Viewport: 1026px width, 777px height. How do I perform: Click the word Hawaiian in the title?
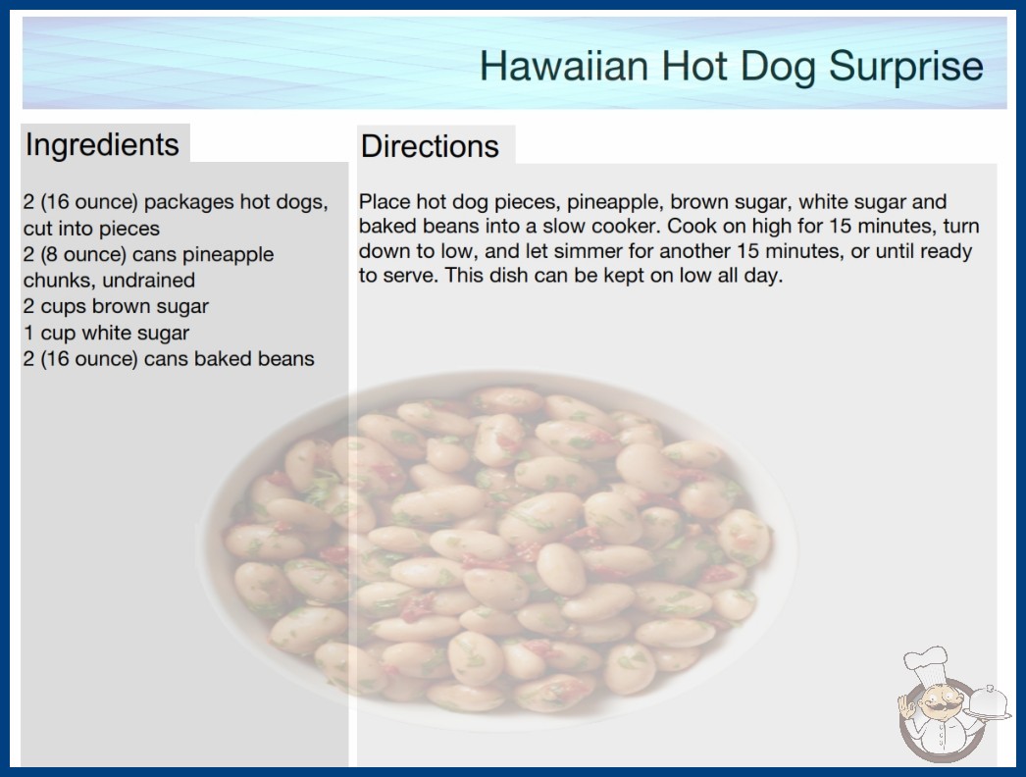coord(564,66)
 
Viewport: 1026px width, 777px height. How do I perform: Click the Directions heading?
coord(430,146)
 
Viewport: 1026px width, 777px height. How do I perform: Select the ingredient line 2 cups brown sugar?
coord(116,307)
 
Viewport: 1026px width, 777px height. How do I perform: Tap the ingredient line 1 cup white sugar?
coord(106,334)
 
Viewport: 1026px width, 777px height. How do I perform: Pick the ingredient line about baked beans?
coord(169,359)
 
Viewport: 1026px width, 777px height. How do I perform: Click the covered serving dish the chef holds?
coord(988,703)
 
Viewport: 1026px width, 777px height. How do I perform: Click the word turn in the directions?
coord(961,227)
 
